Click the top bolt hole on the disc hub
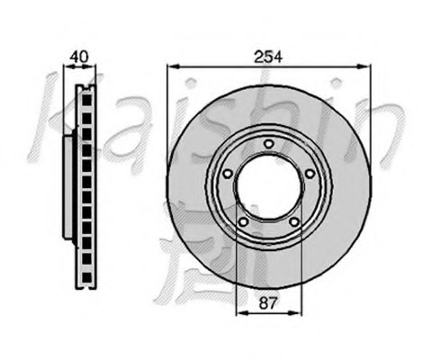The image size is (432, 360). (267, 143)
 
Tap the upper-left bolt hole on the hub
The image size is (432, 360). (227, 174)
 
